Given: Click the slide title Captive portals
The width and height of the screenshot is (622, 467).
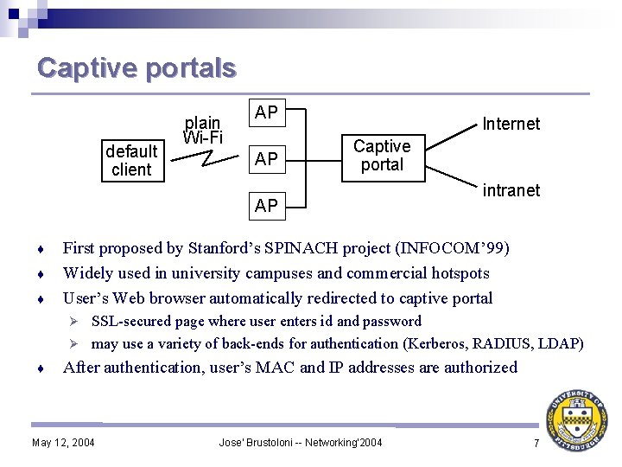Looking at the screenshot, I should [x=136, y=67].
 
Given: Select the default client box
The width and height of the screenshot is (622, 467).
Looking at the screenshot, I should [x=131, y=161].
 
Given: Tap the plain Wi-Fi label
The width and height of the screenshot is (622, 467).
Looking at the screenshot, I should [x=203, y=130].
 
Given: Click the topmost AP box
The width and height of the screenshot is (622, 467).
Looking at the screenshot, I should [x=266, y=112].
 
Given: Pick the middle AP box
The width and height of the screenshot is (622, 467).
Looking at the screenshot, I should [x=266, y=158].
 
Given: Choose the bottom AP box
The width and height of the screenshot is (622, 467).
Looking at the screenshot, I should [x=266, y=205].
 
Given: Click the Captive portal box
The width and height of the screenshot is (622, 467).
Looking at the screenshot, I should [x=382, y=156].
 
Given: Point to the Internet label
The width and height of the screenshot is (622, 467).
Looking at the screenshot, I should [x=511, y=124].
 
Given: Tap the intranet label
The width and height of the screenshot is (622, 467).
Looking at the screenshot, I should [x=511, y=190].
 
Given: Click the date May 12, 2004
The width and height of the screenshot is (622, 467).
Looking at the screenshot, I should [x=63, y=444].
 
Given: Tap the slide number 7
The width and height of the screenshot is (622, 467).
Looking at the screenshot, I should [x=536, y=444].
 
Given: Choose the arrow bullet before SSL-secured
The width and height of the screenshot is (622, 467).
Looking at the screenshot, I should [x=75, y=322].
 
